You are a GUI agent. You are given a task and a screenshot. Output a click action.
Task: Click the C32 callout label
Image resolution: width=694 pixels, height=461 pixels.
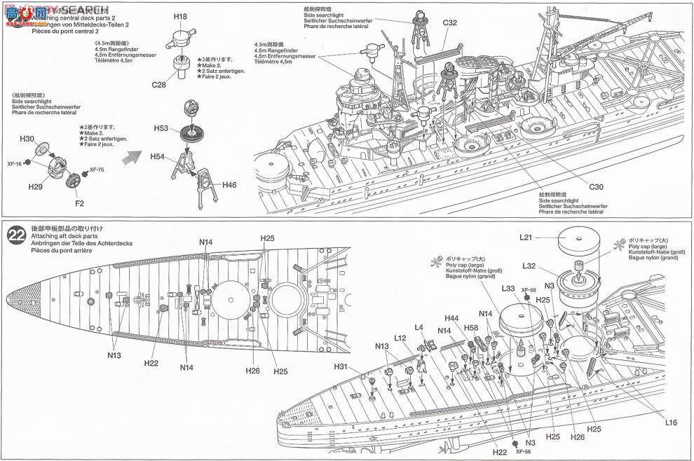(449, 22)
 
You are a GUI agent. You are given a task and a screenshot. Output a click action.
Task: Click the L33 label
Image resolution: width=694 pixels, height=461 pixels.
(509, 288)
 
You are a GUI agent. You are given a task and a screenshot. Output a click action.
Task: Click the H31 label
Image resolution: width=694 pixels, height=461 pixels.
(341, 366)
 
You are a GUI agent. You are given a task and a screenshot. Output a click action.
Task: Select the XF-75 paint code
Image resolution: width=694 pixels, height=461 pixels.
(98, 170)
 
